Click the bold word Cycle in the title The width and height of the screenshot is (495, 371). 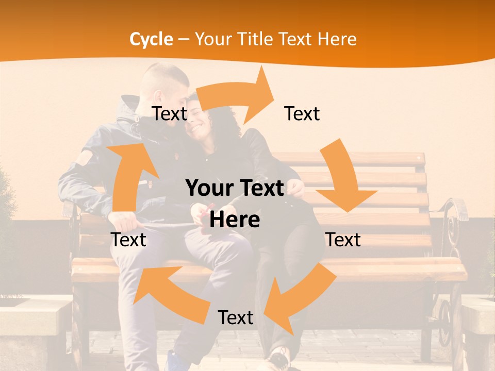pyautogui.click(x=151, y=39)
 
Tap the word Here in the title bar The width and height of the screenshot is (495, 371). pyautogui.click(x=336, y=39)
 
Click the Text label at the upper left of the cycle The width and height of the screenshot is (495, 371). pyautogui.click(x=169, y=113)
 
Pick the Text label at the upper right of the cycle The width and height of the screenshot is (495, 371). pyautogui.click(x=302, y=113)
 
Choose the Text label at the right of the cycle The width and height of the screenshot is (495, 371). pyautogui.click(x=343, y=240)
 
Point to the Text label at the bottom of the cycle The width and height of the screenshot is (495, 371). pyautogui.click(x=236, y=317)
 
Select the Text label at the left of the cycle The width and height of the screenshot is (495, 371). pyautogui.click(x=128, y=240)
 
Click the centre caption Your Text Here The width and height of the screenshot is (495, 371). pyautogui.click(x=235, y=204)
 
